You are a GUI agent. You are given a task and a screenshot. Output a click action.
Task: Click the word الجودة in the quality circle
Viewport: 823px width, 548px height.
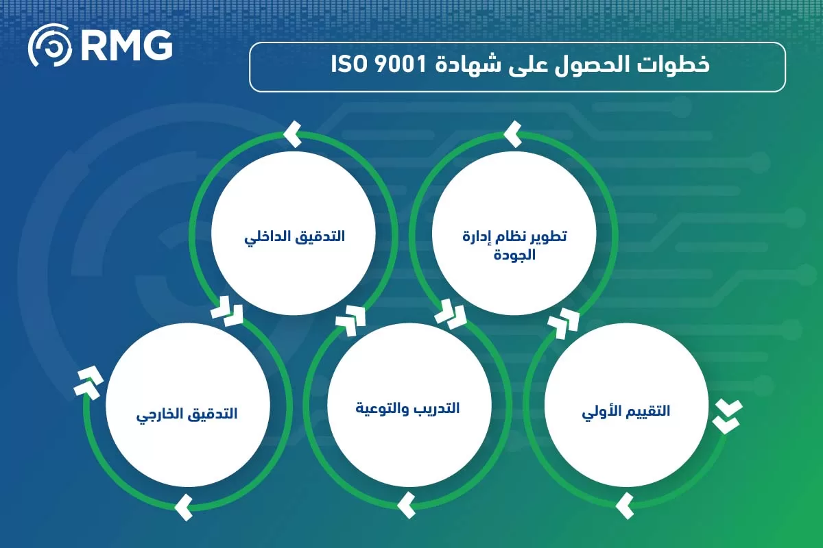[514, 256]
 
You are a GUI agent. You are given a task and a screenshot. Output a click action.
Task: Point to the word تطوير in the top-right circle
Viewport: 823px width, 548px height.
[549, 237]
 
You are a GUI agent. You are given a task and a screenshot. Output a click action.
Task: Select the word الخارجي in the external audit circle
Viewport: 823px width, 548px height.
[157, 415]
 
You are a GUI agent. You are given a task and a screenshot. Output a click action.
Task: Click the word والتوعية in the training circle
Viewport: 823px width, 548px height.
[379, 410]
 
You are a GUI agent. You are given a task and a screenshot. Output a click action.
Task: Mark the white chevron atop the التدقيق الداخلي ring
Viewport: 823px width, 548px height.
[293, 134]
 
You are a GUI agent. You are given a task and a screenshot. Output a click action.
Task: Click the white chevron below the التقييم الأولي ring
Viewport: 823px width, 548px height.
[624, 506]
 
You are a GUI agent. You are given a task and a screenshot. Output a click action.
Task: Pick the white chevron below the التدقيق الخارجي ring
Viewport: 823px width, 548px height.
[184, 508]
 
